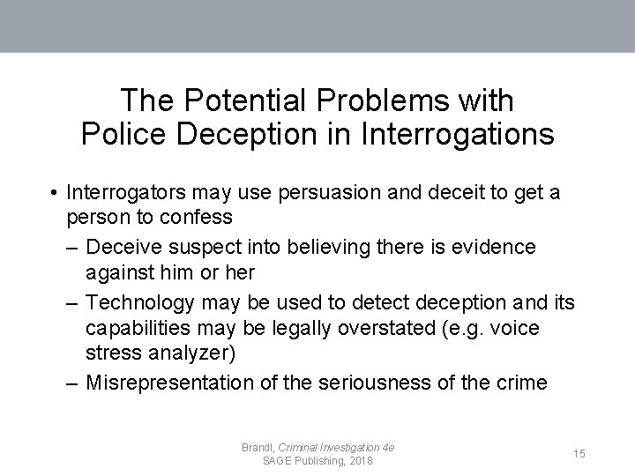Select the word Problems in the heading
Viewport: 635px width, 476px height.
click(385, 100)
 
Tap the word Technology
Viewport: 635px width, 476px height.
click(142, 303)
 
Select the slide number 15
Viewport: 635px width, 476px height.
click(579, 453)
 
